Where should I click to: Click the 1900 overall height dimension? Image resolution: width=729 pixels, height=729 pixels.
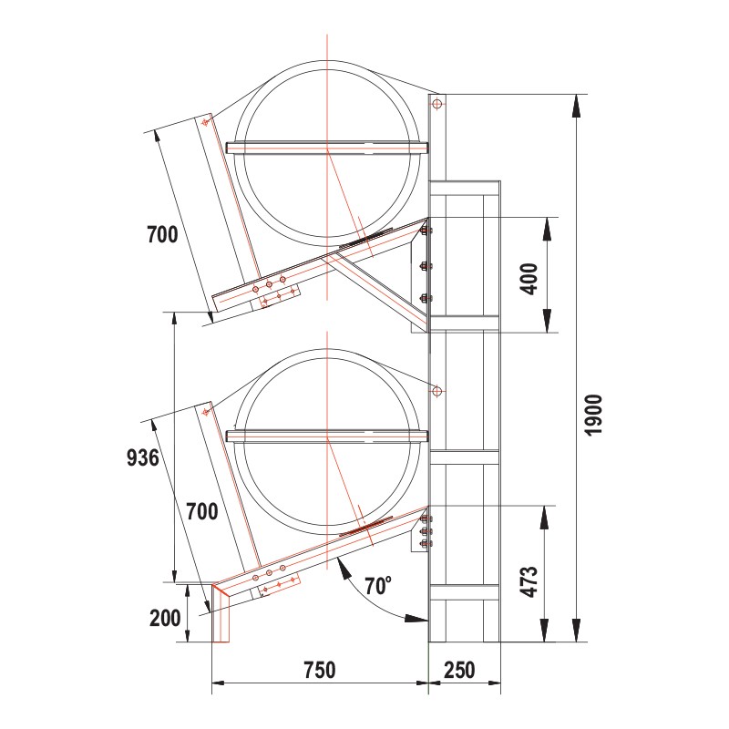point(593,414)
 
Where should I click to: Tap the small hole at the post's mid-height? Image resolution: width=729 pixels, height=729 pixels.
point(437,391)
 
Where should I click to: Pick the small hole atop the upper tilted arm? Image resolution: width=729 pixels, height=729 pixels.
point(206,122)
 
